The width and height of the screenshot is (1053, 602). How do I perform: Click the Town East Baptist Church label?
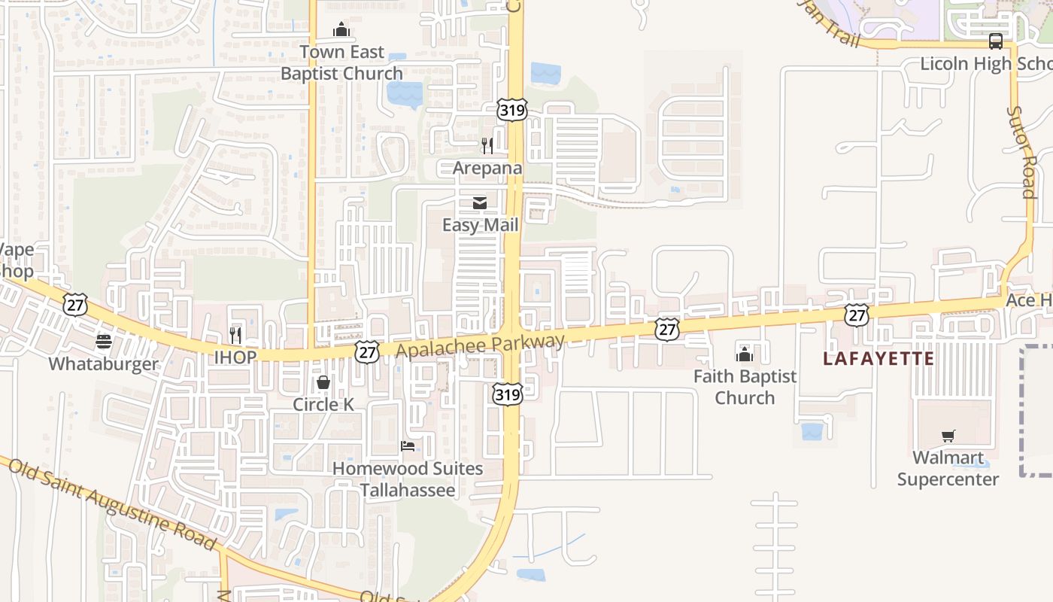pyautogui.click(x=341, y=62)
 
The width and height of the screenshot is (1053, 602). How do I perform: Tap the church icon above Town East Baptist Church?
pyautogui.click(x=341, y=30)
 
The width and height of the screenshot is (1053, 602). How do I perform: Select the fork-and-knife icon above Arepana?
pyautogui.click(x=487, y=145)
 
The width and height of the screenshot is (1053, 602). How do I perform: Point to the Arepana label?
pyautogui.click(x=487, y=168)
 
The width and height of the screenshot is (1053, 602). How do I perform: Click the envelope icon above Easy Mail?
pyautogui.click(x=479, y=203)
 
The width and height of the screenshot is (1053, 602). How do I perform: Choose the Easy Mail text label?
pyautogui.click(x=481, y=225)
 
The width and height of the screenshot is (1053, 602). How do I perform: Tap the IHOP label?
pyautogui.click(x=235, y=357)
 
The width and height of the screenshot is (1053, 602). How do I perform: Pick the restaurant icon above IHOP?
pyautogui.click(x=235, y=335)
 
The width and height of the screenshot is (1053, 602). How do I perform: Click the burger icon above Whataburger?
pyautogui.click(x=104, y=342)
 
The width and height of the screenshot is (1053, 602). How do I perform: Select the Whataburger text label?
pyautogui.click(x=104, y=364)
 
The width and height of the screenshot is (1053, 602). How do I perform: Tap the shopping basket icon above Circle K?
pyautogui.click(x=323, y=382)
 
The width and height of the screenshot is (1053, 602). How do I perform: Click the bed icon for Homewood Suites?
pyautogui.click(x=408, y=446)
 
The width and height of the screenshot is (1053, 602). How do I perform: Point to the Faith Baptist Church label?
pyautogui.click(x=745, y=387)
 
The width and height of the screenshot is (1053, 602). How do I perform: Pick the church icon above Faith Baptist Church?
pyautogui.click(x=745, y=354)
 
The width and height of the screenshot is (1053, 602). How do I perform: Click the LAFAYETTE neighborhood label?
pyautogui.click(x=879, y=358)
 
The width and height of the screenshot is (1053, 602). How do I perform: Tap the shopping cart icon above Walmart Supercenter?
pyautogui.click(x=948, y=436)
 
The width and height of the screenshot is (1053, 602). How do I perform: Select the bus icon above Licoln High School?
pyautogui.click(x=996, y=41)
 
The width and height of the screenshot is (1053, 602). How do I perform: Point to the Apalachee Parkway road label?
pyautogui.click(x=480, y=346)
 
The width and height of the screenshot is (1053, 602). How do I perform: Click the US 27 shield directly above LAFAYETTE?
pyautogui.click(x=857, y=315)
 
